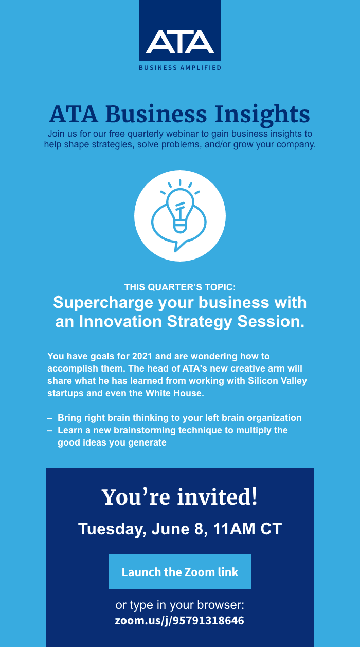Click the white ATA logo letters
pos(180,42)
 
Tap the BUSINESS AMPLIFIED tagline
pos(180,68)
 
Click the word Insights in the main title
pos(262,115)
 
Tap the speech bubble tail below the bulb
pos(177,246)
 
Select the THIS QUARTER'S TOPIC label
pos(180,287)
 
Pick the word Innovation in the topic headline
pos(120,321)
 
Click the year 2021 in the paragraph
pos(142,356)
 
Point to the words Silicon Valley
pos(277,381)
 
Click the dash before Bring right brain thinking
pos(50,418)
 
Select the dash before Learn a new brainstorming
pos(50,431)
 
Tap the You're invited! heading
pos(179,497)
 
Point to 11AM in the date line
pos(235,529)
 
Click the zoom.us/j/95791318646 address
pos(179,620)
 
